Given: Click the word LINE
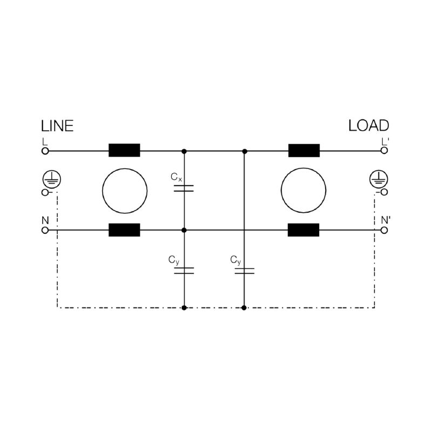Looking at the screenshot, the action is pos(57,126).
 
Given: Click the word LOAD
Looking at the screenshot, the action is pos(369,126).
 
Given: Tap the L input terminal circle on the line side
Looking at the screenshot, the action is pos(45,151).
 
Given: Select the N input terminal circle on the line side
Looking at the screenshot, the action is pos(45,230).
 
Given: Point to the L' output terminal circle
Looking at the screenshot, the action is pos(384,151).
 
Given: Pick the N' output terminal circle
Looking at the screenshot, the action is pos(384,230).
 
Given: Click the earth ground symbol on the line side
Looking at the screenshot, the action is pos(52,179).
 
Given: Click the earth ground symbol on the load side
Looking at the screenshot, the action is pos(379,179).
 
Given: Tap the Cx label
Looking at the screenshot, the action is pos(177,177).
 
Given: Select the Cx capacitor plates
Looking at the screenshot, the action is pos(184,188).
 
